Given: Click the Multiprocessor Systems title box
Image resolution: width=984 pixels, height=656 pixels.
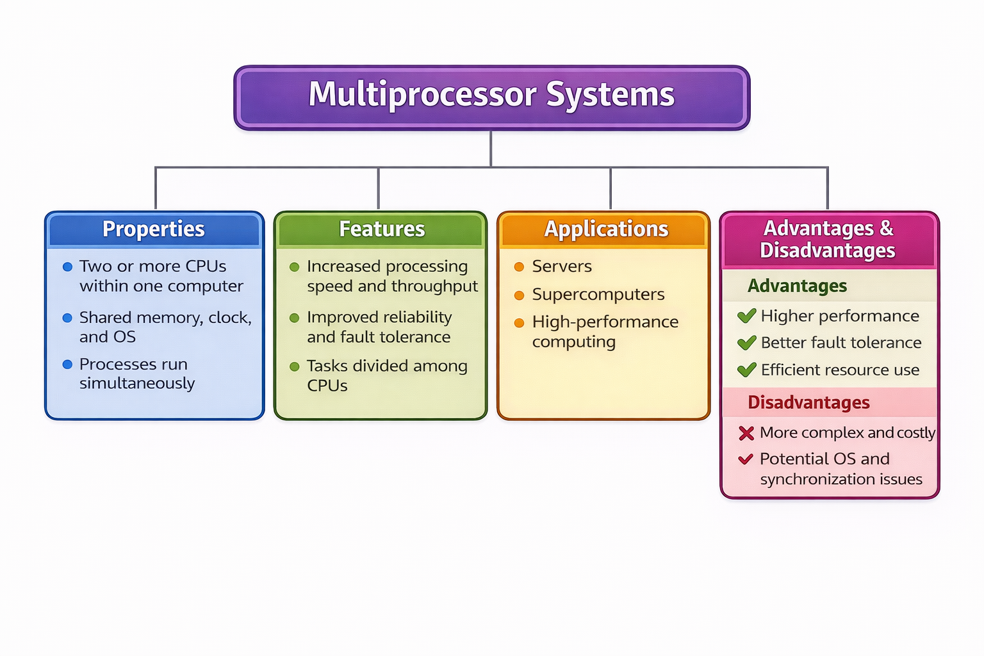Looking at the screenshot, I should [491, 97].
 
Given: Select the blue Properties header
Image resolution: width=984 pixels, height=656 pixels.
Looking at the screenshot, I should [154, 229].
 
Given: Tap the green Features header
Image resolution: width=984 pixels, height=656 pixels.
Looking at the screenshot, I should [381, 229].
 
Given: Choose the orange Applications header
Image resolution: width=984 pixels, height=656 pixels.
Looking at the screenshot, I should [605, 229].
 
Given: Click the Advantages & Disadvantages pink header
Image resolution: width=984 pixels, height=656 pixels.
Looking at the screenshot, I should [828, 239].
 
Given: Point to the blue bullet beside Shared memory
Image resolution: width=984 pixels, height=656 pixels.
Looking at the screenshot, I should [67, 318].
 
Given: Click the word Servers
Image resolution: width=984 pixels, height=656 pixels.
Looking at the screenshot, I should [562, 266].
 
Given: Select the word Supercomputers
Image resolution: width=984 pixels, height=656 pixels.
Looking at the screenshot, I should [598, 294].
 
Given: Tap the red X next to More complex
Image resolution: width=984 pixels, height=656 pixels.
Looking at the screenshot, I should [746, 434].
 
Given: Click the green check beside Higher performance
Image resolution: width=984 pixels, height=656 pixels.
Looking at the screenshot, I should [746, 316].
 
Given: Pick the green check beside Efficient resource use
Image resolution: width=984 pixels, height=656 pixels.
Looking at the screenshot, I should [746, 370].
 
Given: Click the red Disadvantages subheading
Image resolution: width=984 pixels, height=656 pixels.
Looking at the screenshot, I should [808, 402].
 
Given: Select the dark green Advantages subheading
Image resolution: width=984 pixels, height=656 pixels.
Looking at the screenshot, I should [797, 286].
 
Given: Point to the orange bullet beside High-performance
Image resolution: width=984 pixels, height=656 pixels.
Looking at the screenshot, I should [519, 323].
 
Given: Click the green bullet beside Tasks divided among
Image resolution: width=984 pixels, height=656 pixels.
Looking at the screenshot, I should [295, 366].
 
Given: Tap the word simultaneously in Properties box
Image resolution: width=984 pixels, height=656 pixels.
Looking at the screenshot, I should [137, 383].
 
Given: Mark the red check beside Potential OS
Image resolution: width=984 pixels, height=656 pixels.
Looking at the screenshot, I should [745, 459].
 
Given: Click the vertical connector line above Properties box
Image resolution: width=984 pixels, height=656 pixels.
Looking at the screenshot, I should [156, 189].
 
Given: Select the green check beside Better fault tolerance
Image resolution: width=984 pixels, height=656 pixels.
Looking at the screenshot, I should [746, 343].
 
